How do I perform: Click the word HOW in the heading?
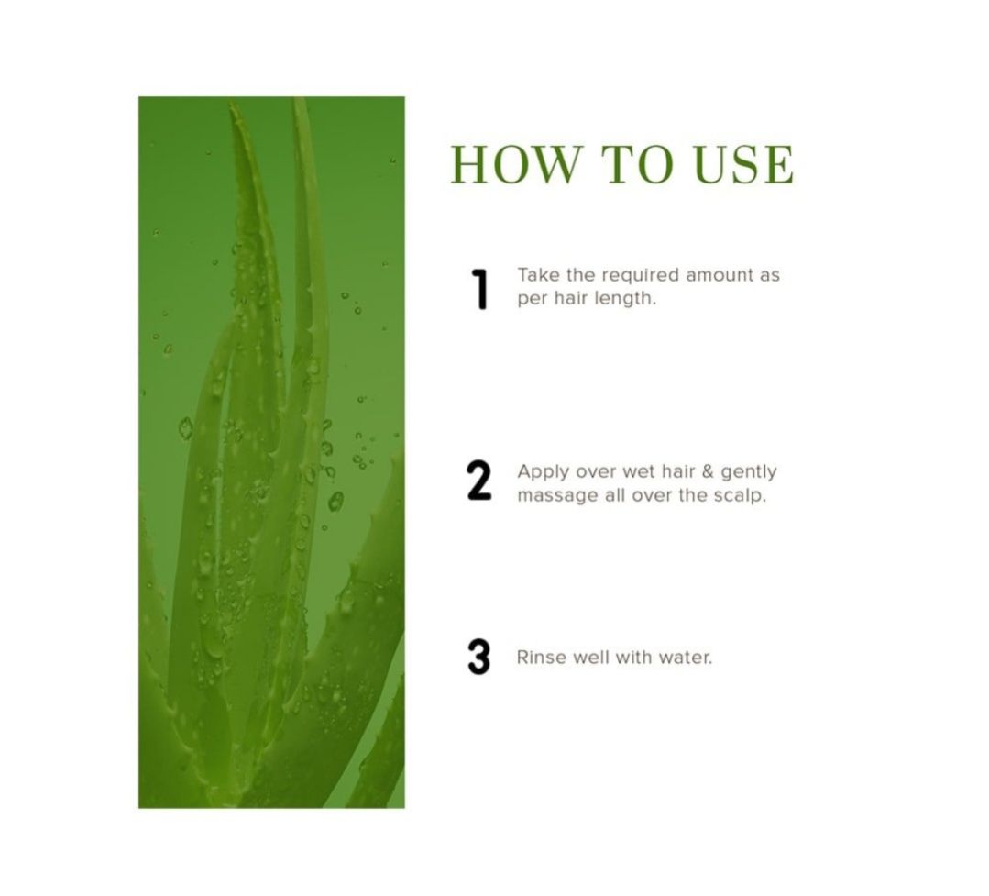coord(515,165)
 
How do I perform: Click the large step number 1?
coord(480,290)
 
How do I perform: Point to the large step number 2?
coord(479,481)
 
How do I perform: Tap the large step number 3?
coord(479,657)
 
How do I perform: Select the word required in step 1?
coord(640,277)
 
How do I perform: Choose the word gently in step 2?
coord(749,473)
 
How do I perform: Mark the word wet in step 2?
coord(638,472)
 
